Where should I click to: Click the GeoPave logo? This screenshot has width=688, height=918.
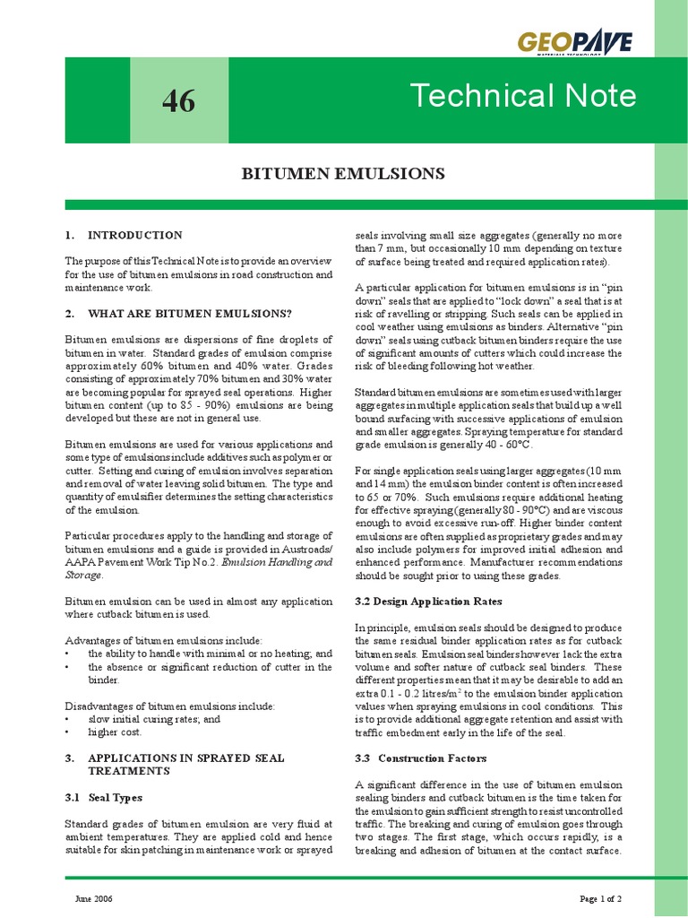(x=574, y=43)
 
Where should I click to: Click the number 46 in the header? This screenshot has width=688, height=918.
(x=178, y=101)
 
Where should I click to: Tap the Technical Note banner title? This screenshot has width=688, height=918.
(x=522, y=96)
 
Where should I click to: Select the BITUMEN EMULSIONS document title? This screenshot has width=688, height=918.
(x=344, y=173)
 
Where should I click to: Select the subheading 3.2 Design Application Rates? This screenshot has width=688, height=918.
(x=428, y=601)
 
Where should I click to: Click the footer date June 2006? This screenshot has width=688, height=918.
(x=88, y=897)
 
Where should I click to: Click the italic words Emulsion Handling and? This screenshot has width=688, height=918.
(x=277, y=561)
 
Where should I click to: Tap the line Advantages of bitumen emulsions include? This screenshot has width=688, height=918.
(x=164, y=640)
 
